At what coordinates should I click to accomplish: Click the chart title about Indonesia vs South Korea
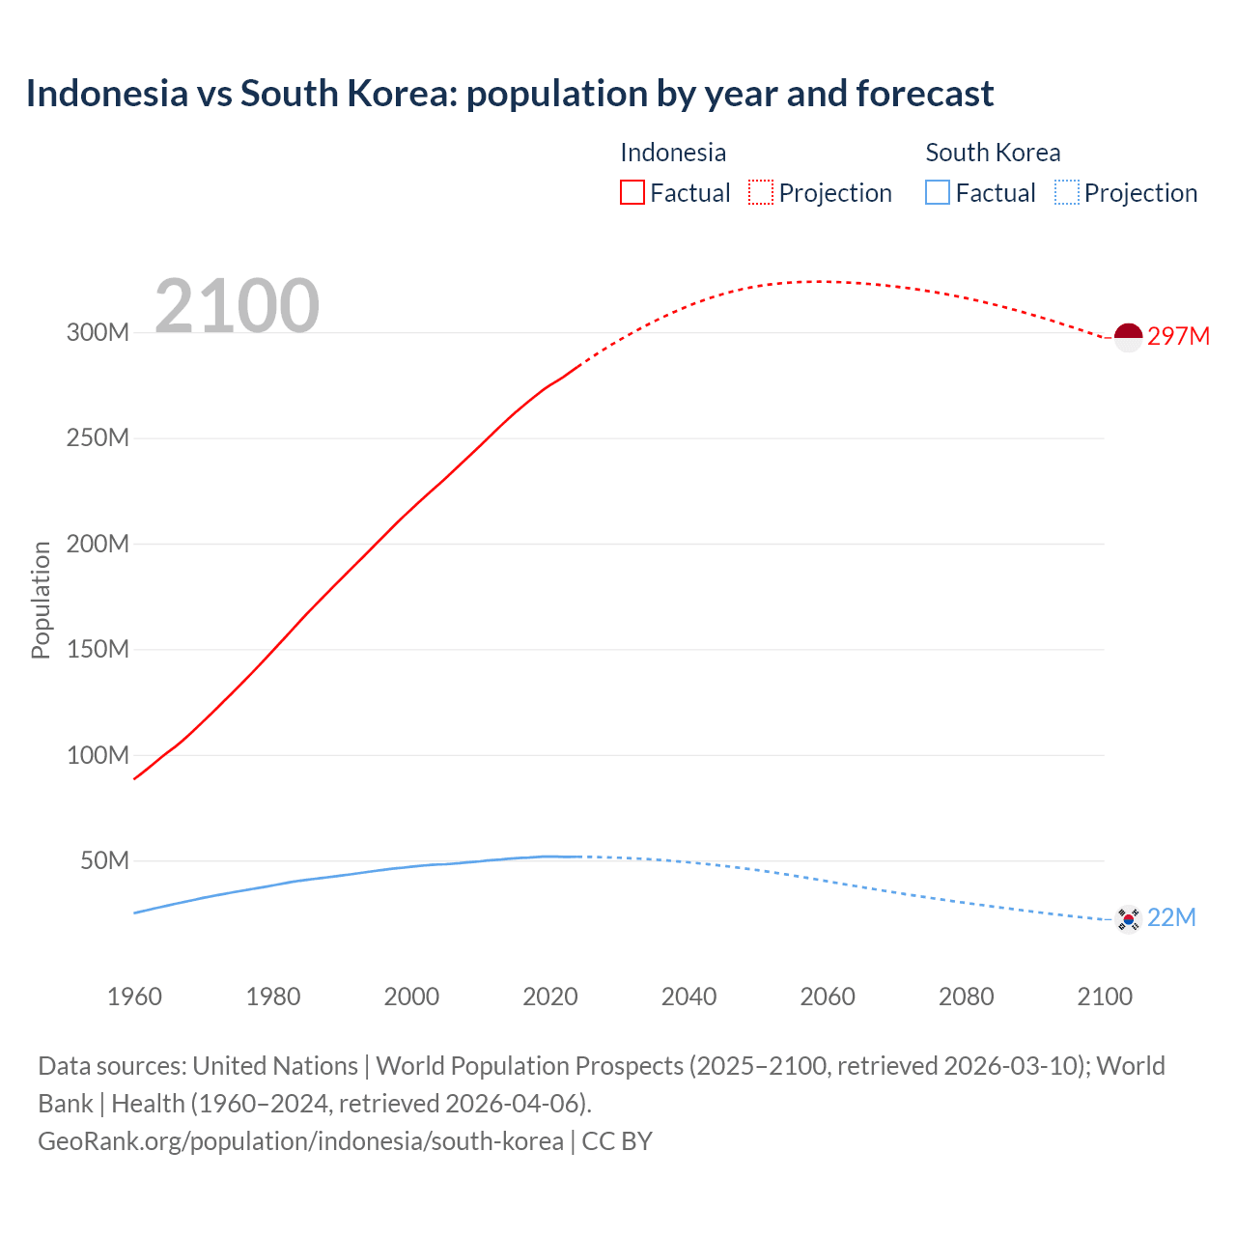(509, 94)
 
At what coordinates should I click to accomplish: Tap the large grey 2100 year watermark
(237, 306)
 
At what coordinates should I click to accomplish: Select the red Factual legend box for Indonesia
(632, 193)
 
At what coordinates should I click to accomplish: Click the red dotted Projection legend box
(761, 193)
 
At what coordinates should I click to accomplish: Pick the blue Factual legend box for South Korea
(938, 193)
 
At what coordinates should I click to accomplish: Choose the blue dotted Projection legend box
(1066, 193)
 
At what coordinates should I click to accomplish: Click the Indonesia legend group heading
(673, 153)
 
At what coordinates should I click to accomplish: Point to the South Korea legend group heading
(993, 153)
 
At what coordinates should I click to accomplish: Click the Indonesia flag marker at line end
(1128, 337)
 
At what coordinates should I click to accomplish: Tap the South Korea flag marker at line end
(1128, 918)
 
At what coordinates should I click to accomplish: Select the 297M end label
(1178, 336)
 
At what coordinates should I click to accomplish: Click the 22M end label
(1171, 917)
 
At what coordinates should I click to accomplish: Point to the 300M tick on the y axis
(98, 333)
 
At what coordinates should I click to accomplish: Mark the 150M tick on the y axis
(98, 649)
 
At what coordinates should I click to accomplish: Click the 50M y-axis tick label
(104, 860)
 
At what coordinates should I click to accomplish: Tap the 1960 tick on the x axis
(134, 997)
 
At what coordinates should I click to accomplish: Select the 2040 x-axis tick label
(688, 997)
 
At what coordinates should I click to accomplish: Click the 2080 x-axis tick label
(966, 997)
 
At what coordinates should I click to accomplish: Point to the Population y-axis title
(41, 600)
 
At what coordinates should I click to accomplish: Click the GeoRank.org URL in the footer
(300, 1141)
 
